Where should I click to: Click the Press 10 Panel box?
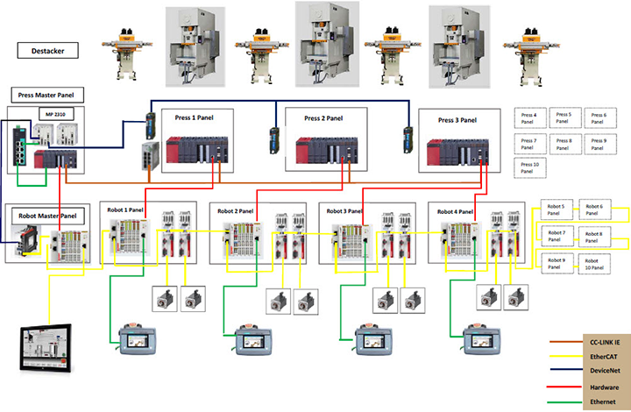coord(530,167)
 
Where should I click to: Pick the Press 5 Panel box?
coord(564,117)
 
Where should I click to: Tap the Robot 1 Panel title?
coord(125,210)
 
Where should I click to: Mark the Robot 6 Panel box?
coord(594,210)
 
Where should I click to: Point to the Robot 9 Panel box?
coord(557,262)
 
